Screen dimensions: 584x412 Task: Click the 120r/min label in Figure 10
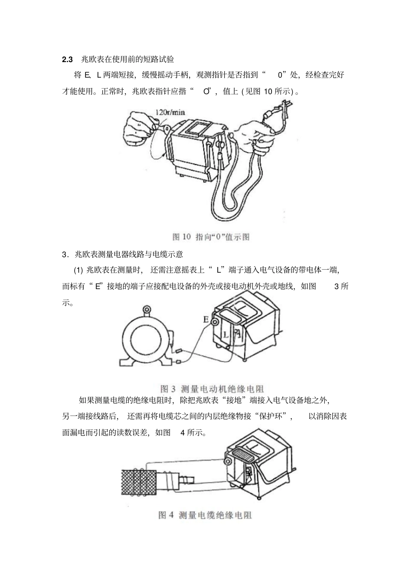point(170,112)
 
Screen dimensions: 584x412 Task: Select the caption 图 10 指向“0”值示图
point(211,237)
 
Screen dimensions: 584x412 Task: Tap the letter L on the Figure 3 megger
point(226,335)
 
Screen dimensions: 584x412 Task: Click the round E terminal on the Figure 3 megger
point(214,321)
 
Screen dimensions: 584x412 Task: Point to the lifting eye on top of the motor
point(147,310)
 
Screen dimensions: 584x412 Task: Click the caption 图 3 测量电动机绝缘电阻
point(212,388)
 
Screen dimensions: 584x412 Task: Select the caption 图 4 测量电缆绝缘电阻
point(205,515)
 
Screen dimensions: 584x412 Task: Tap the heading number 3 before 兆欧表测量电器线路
point(65,254)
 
